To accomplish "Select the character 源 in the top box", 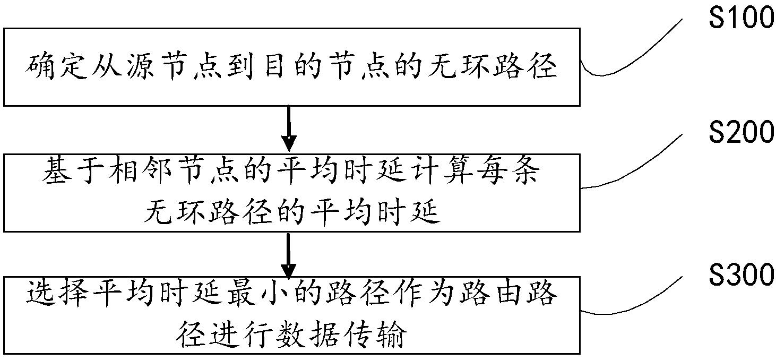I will point(140,67).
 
